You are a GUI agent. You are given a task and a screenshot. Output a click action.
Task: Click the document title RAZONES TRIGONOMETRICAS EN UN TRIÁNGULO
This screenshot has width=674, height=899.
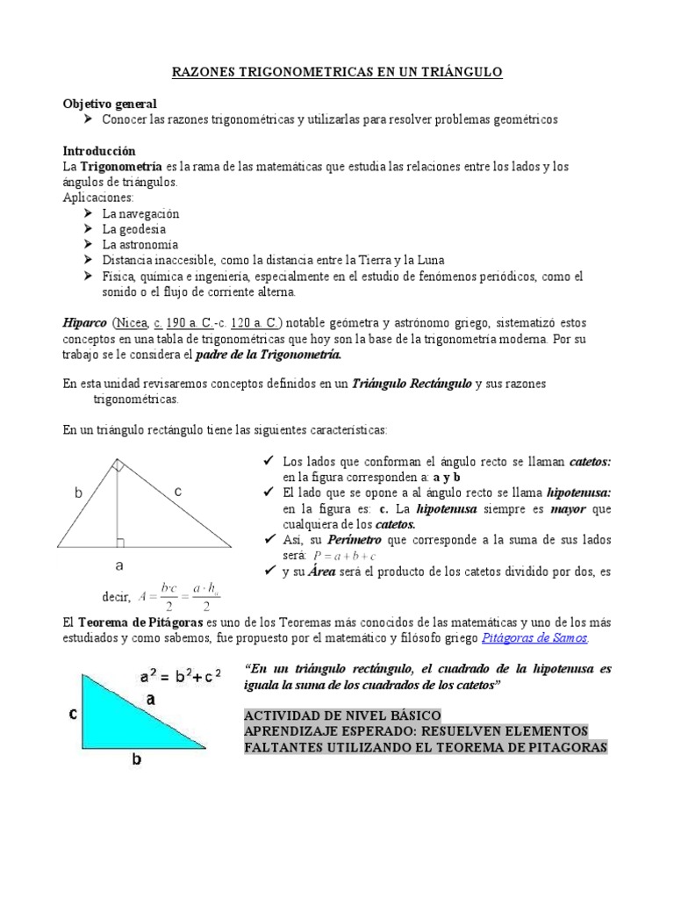(337, 75)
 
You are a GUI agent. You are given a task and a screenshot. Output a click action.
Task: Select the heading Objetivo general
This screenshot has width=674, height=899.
(110, 104)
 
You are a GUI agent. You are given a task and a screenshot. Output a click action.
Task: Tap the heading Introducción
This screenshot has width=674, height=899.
(99, 151)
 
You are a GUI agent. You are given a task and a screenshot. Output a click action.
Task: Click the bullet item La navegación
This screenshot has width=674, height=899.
(140, 213)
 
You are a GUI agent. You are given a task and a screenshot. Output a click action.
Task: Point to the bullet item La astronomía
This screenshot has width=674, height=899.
(140, 245)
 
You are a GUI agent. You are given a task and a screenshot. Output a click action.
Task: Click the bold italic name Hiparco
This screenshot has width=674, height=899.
(85, 323)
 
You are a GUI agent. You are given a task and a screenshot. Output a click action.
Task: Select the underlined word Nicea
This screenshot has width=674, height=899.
(129, 323)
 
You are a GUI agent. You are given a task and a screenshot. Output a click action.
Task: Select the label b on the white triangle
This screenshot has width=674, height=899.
(78, 494)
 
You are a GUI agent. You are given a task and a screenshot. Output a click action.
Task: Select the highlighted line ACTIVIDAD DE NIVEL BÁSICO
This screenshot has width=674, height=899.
(342, 716)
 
